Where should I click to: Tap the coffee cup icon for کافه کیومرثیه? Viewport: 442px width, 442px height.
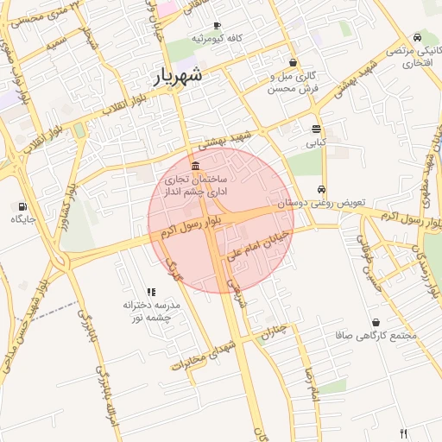(217, 26)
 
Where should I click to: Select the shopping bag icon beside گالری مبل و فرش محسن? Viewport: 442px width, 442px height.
(294, 62)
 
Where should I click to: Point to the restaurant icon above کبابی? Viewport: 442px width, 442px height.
(316, 129)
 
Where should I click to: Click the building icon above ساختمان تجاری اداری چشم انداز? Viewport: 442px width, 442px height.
(197, 166)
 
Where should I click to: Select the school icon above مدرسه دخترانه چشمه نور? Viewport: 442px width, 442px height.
(151, 292)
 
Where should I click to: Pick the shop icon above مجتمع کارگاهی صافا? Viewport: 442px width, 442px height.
(376, 321)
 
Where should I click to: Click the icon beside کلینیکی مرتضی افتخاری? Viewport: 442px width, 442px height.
(418, 37)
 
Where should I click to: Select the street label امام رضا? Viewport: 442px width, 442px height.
(313, 384)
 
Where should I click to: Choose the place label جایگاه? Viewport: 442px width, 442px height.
(22, 220)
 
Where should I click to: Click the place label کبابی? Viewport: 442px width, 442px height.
(316, 142)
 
